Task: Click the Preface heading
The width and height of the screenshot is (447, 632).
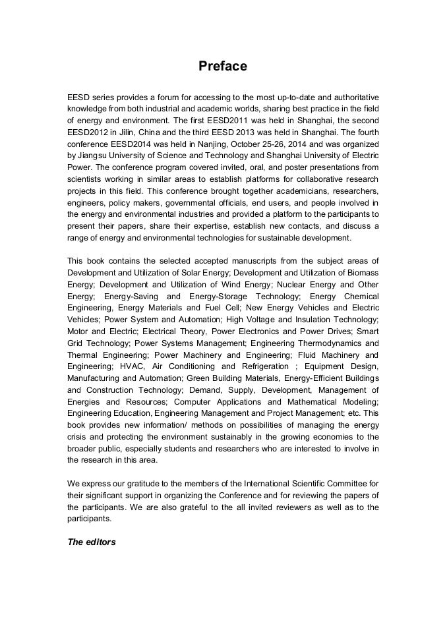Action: pyautogui.click(x=223, y=67)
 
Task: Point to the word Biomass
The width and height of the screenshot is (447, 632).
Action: pyautogui.click(x=361, y=273)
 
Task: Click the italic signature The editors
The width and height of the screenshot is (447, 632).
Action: pyautogui.click(x=92, y=542)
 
